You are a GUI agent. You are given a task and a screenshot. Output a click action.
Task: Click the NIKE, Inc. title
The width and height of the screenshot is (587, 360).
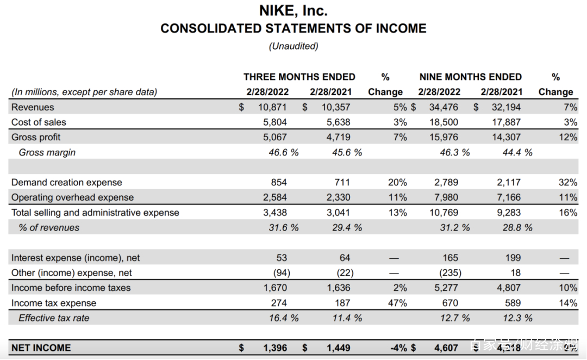click(x=293, y=10)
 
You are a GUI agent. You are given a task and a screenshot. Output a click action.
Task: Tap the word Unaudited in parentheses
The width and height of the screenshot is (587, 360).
click(x=293, y=46)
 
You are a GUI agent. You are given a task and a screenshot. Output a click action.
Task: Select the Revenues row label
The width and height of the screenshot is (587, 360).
click(x=33, y=107)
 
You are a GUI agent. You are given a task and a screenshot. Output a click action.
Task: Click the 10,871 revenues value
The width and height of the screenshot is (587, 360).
click(x=272, y=107)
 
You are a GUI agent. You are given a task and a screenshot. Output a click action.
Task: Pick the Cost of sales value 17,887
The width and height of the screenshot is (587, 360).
click(x=506, y=122)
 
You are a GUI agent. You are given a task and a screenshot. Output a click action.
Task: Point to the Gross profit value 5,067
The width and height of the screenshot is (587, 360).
click(x=274, y=137)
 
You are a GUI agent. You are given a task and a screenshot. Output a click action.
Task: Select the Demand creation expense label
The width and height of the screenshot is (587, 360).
click(x=66, y=182)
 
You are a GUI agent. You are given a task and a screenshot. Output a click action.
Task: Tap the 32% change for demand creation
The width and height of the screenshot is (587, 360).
click(x=568, y=182)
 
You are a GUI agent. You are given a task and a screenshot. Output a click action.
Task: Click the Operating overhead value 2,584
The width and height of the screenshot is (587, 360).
click(x=274, y=197)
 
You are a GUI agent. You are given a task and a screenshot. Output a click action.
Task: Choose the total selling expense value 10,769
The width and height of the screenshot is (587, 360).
click(x=444, y=213)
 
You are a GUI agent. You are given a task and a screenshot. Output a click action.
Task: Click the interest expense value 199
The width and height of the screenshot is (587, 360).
click(x=513, y=258)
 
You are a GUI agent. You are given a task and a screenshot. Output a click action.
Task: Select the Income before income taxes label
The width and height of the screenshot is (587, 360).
click(x=71, y=288)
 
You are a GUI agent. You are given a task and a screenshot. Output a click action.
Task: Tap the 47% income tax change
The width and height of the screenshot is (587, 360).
click(x=397, y=303)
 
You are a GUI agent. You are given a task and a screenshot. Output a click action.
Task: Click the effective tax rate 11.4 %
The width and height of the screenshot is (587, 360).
click(x=347, y=318)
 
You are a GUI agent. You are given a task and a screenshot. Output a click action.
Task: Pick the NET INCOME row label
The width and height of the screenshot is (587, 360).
click(x=41, y=347)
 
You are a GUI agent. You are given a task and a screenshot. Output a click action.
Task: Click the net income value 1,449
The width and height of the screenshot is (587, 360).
click(x=338, y=347)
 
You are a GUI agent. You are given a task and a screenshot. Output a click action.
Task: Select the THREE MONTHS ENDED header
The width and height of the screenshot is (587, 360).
click(x=299, y=77)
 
